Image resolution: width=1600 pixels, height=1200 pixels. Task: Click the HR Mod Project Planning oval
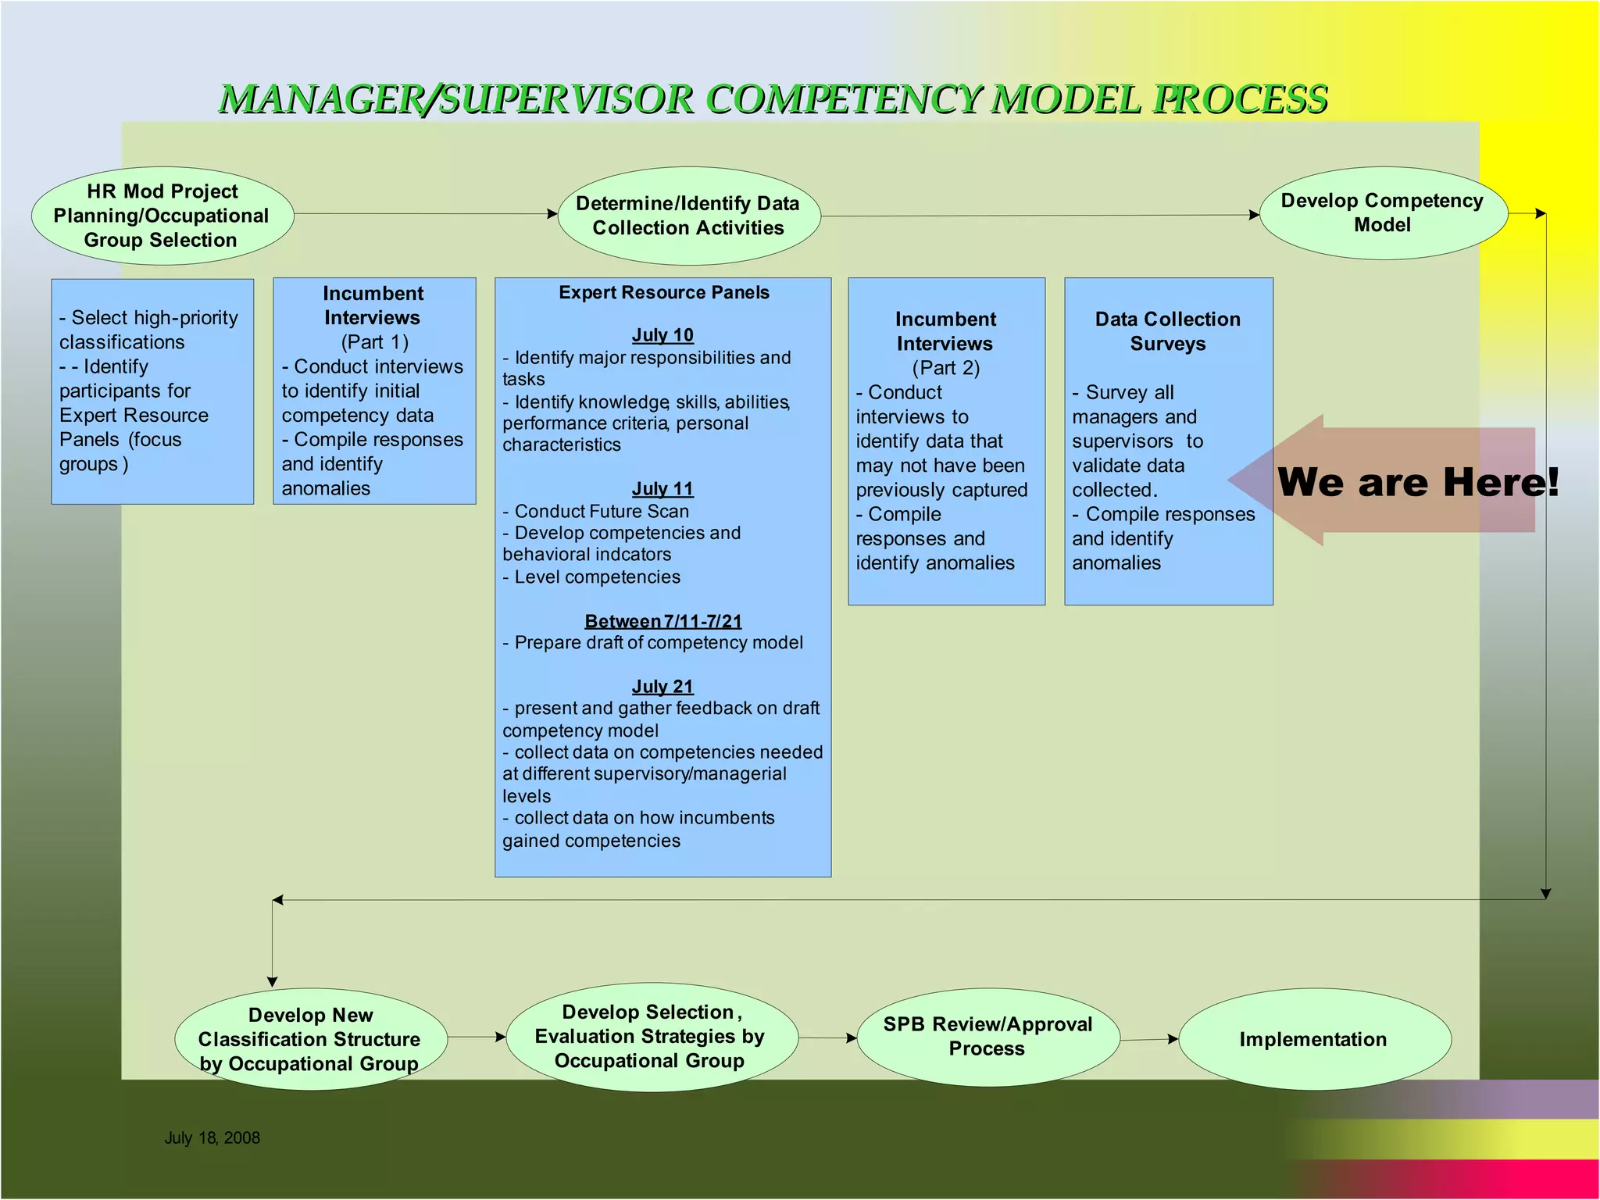tap(162, 216)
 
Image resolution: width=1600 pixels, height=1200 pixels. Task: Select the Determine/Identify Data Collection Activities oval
tap(688, 216)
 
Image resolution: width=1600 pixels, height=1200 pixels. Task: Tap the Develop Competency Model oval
tap(1382, 212)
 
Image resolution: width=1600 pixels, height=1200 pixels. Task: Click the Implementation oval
tap(1313, 1040)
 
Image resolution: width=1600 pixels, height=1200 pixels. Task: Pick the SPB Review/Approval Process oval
tap(987, 1037)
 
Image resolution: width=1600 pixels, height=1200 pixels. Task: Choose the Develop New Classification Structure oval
tap(310, 1040)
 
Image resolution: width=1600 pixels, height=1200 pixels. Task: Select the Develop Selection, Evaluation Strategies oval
tap(651, 1037)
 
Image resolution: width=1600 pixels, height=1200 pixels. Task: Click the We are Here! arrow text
tap(1417, 482)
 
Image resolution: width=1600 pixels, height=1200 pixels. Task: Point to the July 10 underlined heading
tap(662, 335)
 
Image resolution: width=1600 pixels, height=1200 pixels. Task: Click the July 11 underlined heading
tap(662, 489)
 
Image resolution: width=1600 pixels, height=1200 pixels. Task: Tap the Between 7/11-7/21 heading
tap(662, 621)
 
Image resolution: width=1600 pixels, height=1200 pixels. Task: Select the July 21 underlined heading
tap(662, 687)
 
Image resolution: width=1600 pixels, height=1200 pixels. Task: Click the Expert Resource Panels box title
tap(663, 293)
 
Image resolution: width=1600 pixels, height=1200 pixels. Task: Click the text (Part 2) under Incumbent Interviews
tap(945, 368)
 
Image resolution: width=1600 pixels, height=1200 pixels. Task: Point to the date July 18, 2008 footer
tap(212, 1138)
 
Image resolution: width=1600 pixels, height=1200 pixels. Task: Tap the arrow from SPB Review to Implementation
tap(1148, 1040)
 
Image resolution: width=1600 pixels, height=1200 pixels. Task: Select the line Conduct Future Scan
tap(601, 512)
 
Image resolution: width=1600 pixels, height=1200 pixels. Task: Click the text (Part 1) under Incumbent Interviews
tap(374, 342)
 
